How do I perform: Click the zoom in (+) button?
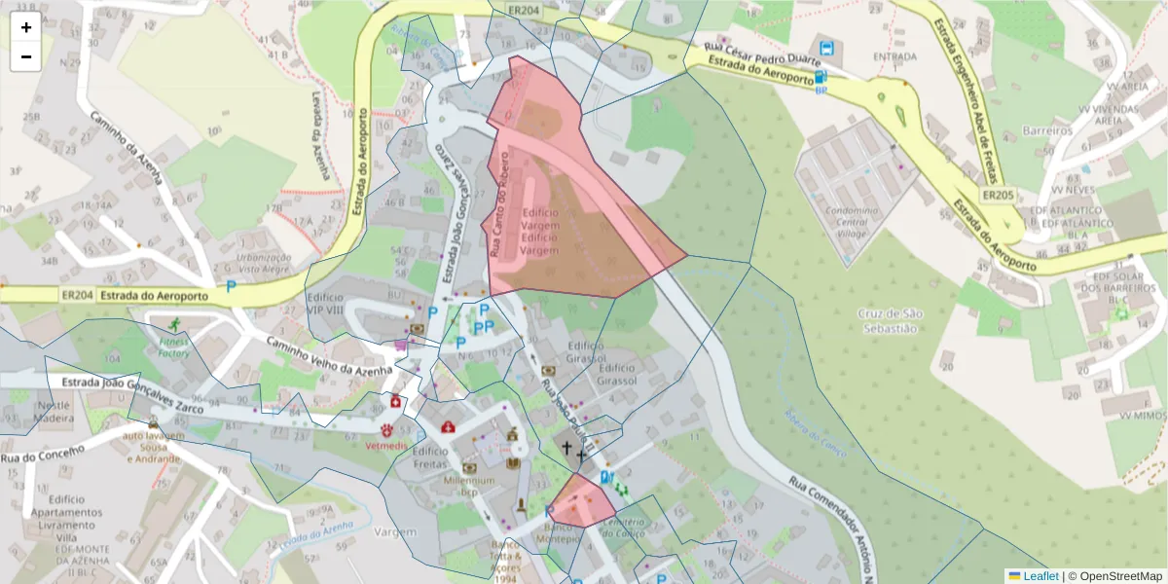(x=26, y=27)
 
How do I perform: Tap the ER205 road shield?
(x=998, y=196)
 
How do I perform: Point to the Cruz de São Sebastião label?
(x=890, y=320)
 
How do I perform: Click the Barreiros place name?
(x=1046, y=130)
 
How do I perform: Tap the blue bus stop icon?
(x=826, y=47)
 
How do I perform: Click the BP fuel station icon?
(x=821, y=78)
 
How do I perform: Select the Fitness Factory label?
(x=175, y=347)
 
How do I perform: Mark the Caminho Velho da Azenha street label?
(x=329, y=355)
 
